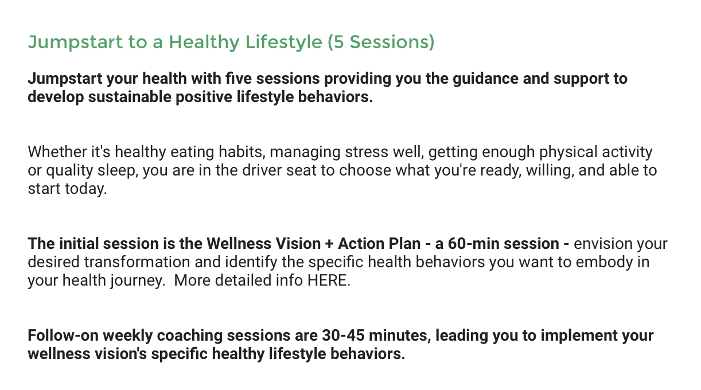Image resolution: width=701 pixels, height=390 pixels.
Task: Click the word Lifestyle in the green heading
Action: click(283, 42)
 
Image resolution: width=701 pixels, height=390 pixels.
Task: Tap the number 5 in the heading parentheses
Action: click(339, 42)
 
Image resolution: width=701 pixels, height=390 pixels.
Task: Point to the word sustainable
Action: click(130, 97)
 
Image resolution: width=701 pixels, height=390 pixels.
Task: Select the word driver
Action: click(262, 170)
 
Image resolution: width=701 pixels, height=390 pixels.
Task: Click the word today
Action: click(85, 189)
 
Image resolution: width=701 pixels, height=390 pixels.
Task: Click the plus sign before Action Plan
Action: click(329, 244)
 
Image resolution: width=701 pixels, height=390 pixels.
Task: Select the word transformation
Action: click(137, 262)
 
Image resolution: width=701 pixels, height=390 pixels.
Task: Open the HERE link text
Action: click(329, 280)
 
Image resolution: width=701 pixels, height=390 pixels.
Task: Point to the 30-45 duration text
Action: click(343, 335)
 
